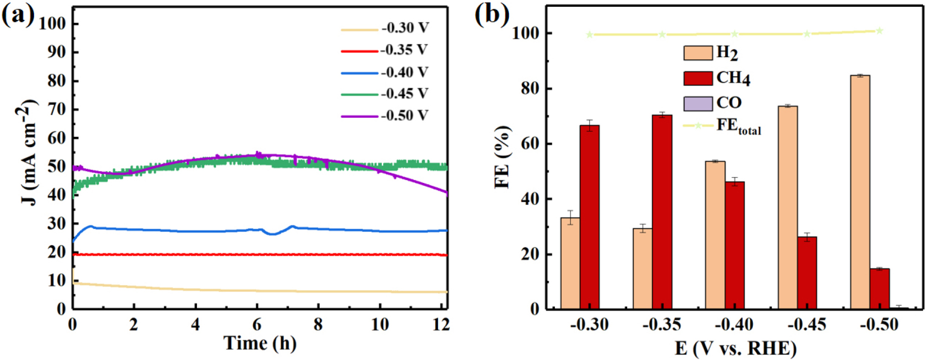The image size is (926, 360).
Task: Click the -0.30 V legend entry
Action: click(405, 28)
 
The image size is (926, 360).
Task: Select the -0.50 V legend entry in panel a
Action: click(404, 115)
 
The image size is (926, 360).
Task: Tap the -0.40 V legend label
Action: click(404, 72)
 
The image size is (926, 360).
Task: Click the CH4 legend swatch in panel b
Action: click(698, 78)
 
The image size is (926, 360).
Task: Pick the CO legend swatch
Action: click(698, 103)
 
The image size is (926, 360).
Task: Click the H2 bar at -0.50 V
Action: click(860, 192)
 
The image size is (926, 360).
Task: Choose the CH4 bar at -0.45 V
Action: click(807, 272)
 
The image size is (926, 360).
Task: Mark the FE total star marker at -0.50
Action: click(879, 31)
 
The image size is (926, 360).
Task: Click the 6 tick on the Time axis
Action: click(257, 324)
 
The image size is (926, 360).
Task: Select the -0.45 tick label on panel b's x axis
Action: click(806, 324)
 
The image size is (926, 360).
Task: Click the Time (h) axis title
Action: click(260, 344)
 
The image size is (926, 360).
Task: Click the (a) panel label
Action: click(18, 16)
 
